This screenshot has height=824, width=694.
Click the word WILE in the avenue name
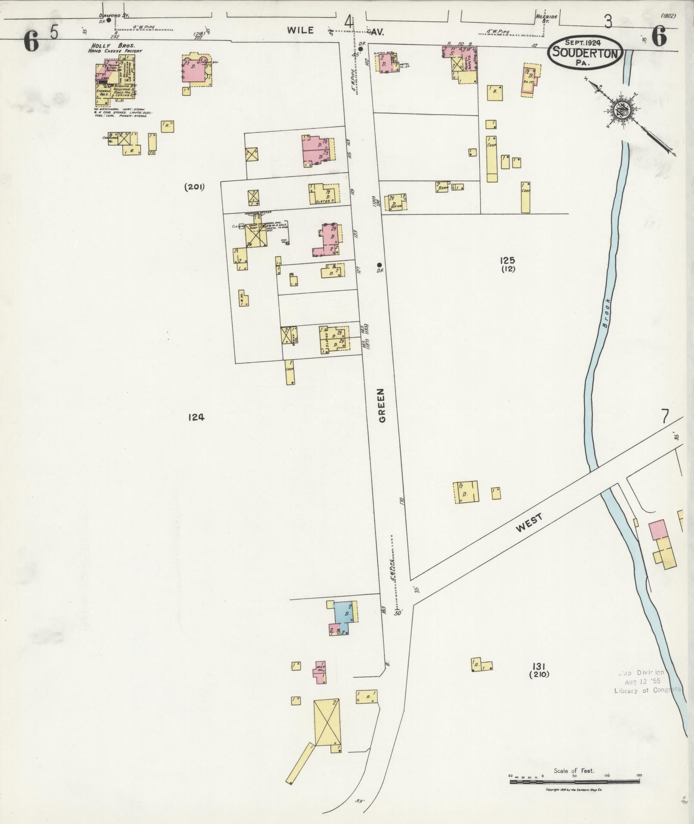(300, 31)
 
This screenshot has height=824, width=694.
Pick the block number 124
(196, 417)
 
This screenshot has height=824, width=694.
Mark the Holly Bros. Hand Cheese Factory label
(115, 48)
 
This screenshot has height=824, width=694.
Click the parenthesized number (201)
(194, 187)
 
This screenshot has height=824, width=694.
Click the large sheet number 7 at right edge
(665, 417)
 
